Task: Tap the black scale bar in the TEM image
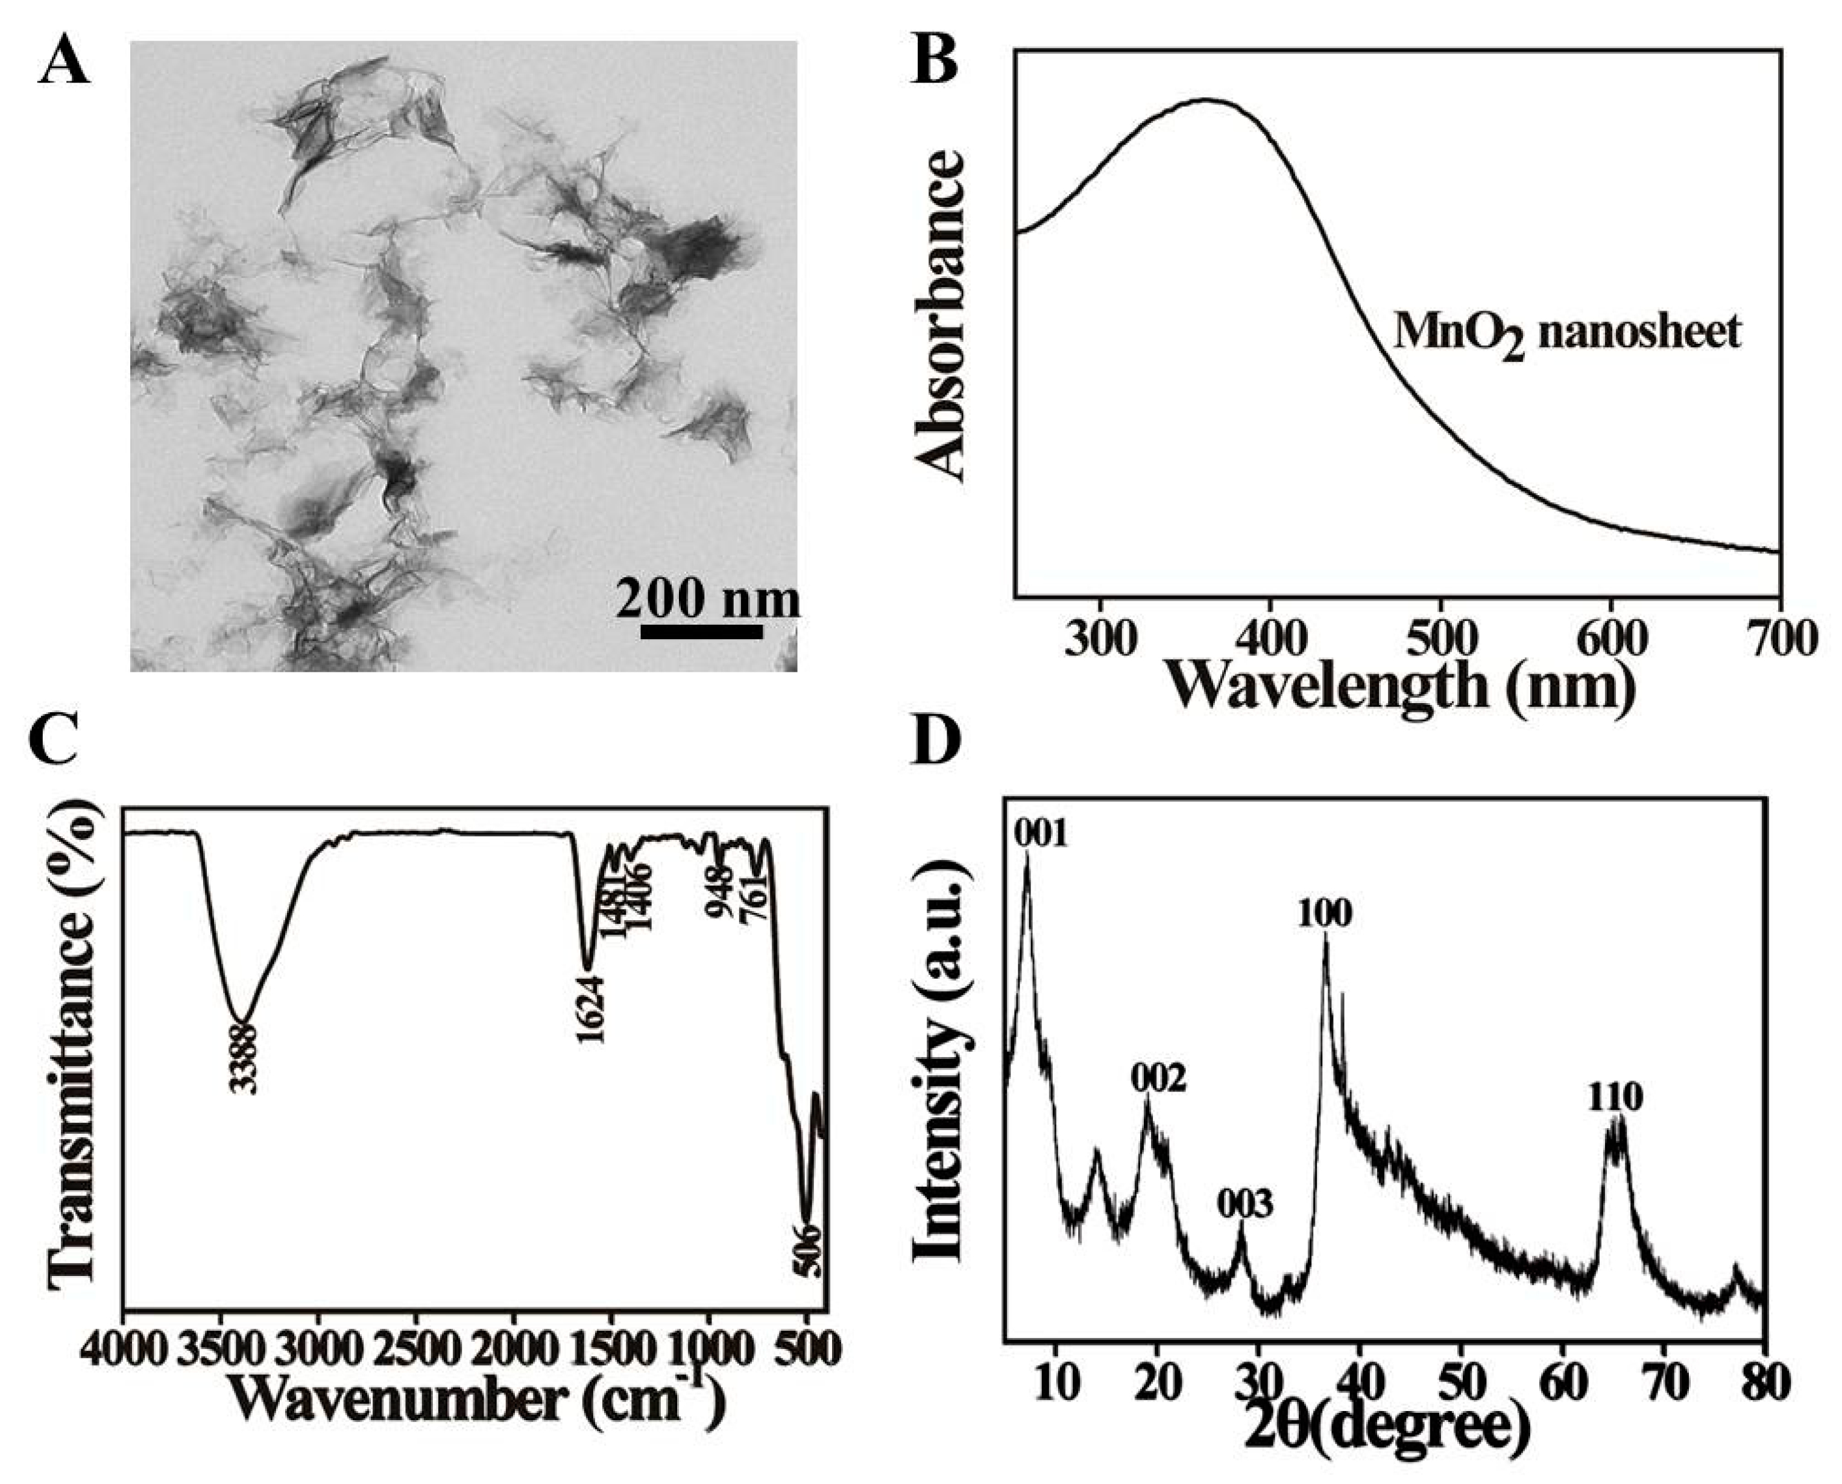click(x=701, y=632)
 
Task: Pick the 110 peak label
click(x=1615, y=1097)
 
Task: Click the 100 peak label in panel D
click(x=1325, y=915)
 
